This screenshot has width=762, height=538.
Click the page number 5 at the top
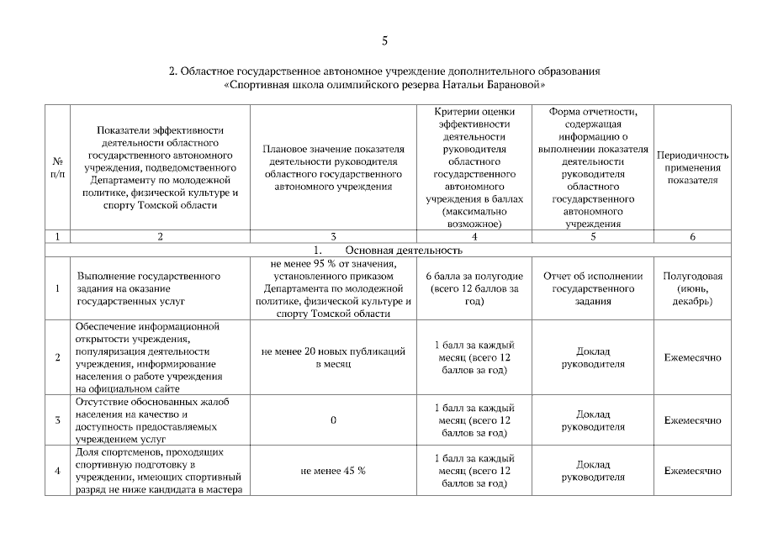click(384, 40)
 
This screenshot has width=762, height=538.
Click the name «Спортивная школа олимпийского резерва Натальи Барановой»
click(384, 85)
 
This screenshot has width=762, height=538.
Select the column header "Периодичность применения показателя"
click(691, 167)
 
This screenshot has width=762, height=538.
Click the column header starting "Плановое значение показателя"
click(333, 167)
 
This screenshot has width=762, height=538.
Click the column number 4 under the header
click(475, 237)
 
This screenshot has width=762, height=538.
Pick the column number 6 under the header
click(691, 237)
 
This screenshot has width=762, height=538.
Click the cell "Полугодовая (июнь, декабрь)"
click(691, 288)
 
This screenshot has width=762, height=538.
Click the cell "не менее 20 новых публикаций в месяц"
click(333, 357)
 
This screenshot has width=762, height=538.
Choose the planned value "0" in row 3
click(333, 420)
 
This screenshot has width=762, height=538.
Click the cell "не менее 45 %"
click(333, 471)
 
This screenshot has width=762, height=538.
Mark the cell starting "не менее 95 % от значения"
click(333, 288)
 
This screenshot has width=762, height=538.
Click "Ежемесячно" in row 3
click(691, 420)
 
